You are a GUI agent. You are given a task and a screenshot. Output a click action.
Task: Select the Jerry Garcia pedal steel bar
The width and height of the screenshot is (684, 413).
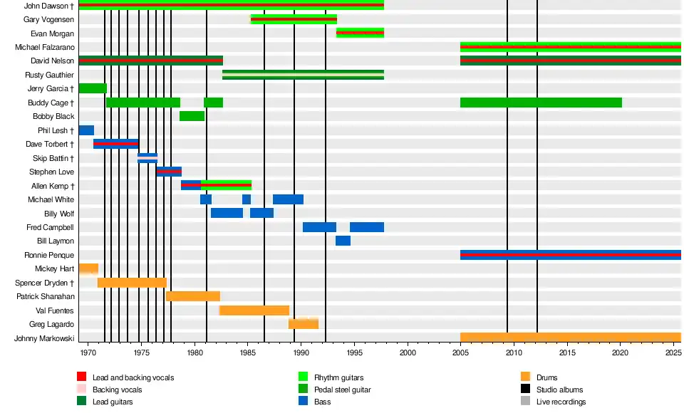pyautogui.click(x=93, y=88)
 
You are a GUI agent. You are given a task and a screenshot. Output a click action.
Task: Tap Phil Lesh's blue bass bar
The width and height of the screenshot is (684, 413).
pyautogui.click(x=86, y=130)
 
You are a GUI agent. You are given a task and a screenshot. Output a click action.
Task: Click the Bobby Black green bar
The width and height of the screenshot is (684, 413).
pyautogui.click(x=192, y=116)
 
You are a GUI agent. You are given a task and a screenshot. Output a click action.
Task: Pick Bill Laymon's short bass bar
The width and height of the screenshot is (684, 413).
pyautogui.click(x=343, y=241)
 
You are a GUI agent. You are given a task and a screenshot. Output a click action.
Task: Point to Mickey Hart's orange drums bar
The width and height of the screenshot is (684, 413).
pyautogui.click(x=88, y=268)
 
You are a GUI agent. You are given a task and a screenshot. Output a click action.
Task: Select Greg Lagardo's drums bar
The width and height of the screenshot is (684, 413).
pyautogui.click(x=303, y=324)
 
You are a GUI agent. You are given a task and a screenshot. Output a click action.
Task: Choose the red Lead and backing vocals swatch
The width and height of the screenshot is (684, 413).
pyautogui.click(x=82, y=377)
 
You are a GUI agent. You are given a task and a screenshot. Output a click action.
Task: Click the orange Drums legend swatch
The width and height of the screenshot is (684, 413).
pyautogui.click(x=526, y=377)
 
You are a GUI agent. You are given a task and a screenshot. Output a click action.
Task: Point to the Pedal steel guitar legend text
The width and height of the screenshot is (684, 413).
pyautogui.click(x=342, y=390)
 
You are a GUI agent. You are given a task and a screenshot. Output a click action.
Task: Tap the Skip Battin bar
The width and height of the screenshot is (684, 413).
pyautogui.click(x=147, y=158)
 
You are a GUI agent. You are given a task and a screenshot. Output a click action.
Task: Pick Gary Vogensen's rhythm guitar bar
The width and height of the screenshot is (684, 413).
pyautogui.click(x=294, y=19)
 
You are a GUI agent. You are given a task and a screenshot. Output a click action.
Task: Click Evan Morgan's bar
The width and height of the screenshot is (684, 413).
pyautogui.click(x=360, y=33)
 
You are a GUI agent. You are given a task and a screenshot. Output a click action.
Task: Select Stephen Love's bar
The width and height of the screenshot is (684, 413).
pyautogui.click(x=169, y=172)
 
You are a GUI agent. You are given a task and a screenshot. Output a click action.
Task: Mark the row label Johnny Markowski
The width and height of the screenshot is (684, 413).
pyautogui.click(x=44, y=338)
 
